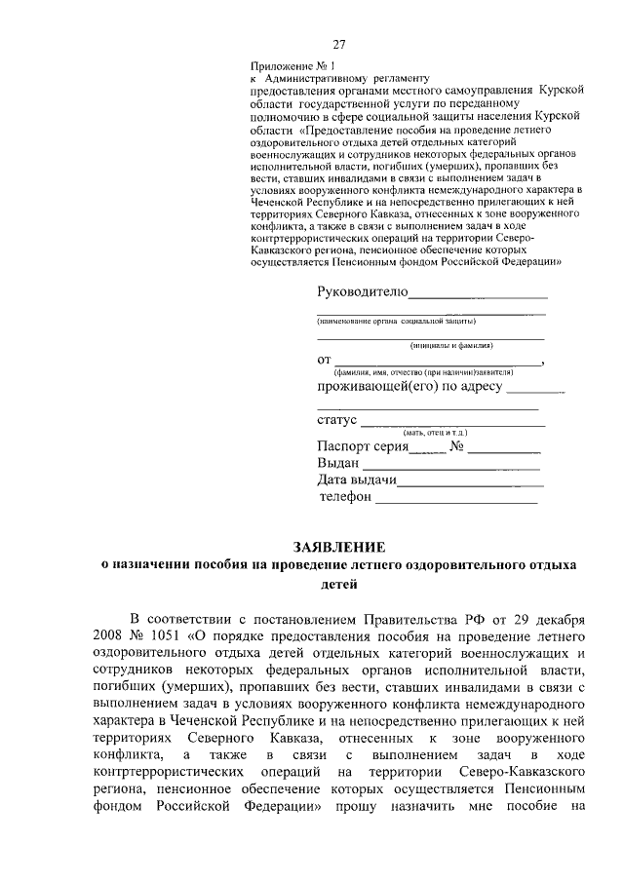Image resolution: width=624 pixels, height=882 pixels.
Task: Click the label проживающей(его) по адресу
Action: [x=409, y=387]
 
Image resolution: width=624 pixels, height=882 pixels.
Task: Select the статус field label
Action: [x=337, y=421]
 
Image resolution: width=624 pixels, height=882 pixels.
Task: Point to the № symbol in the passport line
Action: [x=457, y=447]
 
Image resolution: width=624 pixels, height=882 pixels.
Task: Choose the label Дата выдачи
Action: [x=356, y=480]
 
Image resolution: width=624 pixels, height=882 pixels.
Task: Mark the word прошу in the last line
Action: [x=359, y=807]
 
